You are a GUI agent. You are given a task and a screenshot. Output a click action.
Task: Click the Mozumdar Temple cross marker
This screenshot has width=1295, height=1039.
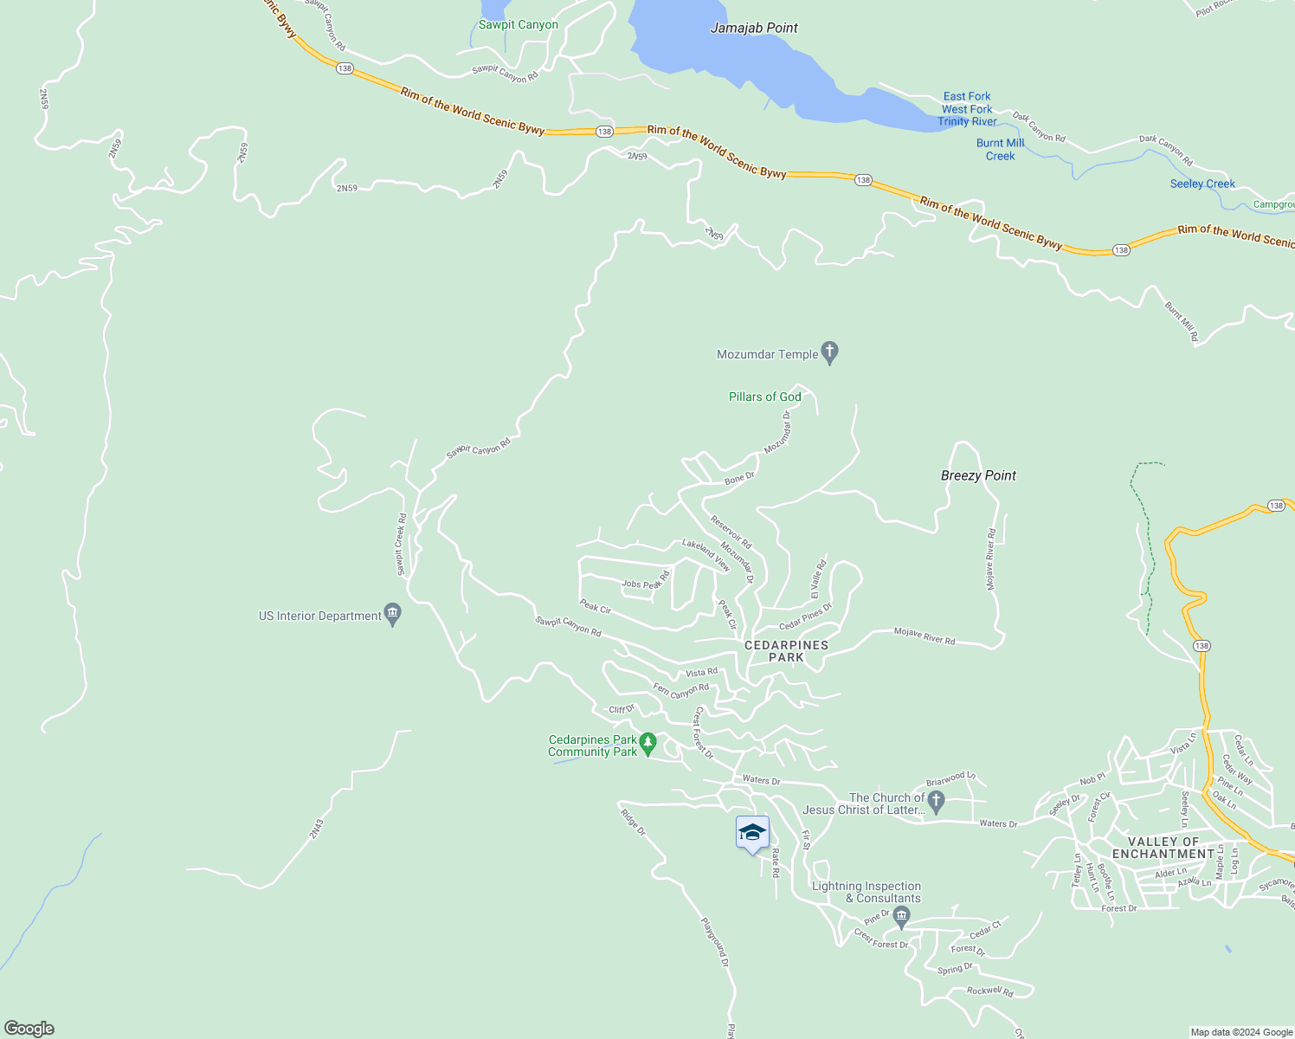(829, 352)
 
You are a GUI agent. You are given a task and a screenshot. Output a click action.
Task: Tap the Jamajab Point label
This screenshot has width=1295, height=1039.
(754, 28)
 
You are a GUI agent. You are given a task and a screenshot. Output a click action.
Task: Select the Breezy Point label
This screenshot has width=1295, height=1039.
(978, 475)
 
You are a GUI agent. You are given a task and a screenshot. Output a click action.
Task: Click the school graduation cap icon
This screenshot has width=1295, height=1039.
(752, 833)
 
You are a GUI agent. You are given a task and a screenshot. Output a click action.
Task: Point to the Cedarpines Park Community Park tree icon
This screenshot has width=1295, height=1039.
(647, 743)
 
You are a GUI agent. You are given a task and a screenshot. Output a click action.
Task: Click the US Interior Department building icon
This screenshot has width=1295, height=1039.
(392, 615)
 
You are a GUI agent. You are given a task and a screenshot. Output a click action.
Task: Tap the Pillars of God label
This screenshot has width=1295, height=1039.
(764, 397)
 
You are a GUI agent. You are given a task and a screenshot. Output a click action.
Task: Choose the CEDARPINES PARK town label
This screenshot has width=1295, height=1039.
(786, 651)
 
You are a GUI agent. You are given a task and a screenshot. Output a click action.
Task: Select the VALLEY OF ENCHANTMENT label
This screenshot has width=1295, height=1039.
(1163, 848)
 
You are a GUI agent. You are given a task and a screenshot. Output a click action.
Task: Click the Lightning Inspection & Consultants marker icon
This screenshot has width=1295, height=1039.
(901, 915)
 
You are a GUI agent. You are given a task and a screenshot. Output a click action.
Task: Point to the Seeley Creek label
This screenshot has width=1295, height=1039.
(1202, 184)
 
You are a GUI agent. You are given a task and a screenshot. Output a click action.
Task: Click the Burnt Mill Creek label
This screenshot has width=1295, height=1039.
(1000, 150)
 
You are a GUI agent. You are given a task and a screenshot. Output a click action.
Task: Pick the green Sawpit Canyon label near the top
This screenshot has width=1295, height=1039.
(518, 24)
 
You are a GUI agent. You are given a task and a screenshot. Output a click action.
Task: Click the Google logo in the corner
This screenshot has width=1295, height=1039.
(29, 1029)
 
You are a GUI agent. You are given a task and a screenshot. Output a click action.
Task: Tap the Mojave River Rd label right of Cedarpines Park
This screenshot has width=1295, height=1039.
(925, 636)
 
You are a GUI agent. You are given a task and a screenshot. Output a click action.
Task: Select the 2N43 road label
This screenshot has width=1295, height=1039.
(317, 829)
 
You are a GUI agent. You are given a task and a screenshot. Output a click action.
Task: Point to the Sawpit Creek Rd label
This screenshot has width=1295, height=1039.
(402, 545)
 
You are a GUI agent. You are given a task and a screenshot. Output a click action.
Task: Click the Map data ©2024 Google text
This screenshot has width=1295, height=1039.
(1241, 1032)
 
